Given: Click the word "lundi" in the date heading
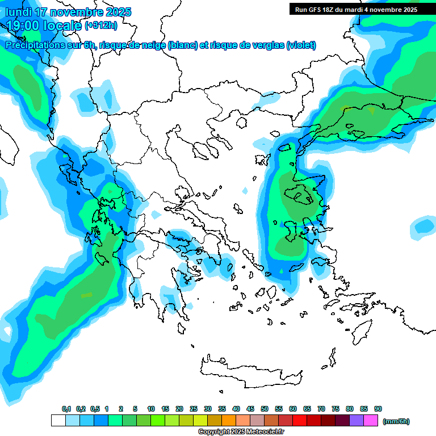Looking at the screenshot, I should pos(18,12).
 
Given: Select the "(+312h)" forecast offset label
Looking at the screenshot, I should pos(101,25).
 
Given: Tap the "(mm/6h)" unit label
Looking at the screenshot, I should pos(396,421).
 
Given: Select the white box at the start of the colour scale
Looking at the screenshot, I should pos(58,421).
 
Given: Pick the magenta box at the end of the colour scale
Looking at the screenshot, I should pos(370,421).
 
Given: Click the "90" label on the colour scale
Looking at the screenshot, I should pos(378,409).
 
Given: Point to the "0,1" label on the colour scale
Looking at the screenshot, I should pos(66,409).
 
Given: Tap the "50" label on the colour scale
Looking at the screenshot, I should pos(265,409).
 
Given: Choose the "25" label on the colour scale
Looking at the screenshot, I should pos(194,409).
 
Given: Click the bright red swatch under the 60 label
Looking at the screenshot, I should pos(299,421).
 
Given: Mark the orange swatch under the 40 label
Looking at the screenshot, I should pos(228,421).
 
